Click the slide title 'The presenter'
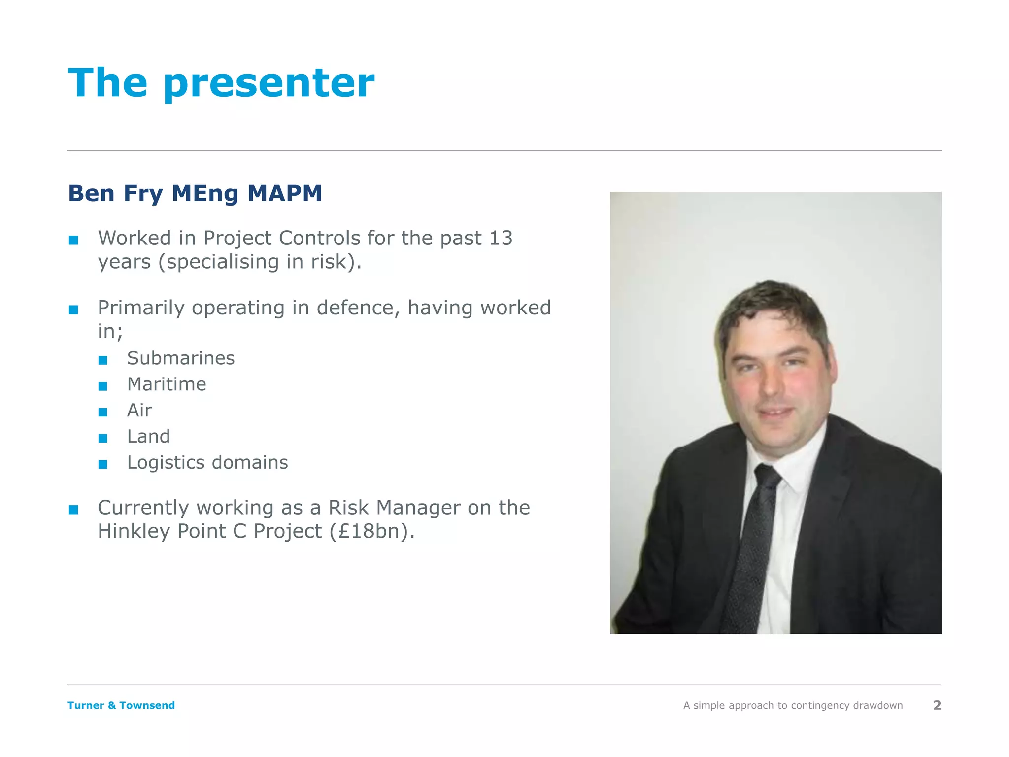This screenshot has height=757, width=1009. [221, 83]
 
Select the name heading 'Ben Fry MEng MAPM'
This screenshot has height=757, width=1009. [195, 193]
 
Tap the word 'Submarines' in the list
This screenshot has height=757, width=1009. [181, 358]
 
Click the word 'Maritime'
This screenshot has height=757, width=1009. [167, 384]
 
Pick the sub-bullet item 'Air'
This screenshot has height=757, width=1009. [139, 411]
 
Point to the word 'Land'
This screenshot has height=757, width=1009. [148, 437]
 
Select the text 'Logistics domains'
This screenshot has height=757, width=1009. [207, 463]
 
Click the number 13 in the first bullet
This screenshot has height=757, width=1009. [501, 238]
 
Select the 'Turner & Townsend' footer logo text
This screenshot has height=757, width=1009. [121, 705]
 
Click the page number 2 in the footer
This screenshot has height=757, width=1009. [937, 705]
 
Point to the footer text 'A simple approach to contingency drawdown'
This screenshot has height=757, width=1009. [793, 705]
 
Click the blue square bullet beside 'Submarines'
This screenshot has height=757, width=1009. [102, 360]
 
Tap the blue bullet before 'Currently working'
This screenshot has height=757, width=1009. [73, 510]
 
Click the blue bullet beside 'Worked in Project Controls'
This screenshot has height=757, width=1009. [73, 241]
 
